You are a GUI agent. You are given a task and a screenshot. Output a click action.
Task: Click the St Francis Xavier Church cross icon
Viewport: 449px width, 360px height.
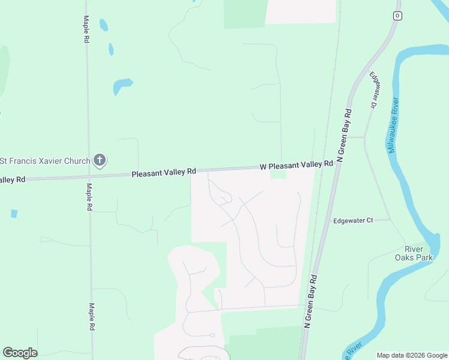tap(100, 160)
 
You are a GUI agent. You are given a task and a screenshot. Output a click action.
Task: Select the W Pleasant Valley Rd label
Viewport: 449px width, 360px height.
tap(296, 165)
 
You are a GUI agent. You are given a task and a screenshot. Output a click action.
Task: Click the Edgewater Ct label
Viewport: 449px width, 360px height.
tap(353, 221)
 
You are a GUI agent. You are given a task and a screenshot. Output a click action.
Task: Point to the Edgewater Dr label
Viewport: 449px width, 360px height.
tap(375, 90)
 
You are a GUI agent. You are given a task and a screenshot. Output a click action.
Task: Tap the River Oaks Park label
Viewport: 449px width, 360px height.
tap(414, 253)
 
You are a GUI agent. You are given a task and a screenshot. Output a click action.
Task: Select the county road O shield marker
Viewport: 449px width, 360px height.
tap(397, 16)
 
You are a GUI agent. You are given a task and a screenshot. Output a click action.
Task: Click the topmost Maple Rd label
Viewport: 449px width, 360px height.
tap(86, 29)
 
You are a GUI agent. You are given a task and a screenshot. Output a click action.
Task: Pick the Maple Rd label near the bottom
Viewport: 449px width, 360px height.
tap(92, 317)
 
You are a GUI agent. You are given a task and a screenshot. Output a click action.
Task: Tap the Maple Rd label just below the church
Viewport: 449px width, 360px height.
tap(88, 197)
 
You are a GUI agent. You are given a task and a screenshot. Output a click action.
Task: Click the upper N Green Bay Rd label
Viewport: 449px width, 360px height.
tap(343, 136)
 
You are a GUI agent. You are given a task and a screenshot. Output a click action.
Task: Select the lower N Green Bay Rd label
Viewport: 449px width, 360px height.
tap(310, 302)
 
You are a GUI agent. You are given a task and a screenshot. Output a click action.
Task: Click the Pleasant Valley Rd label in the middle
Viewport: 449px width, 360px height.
tap(164, 173)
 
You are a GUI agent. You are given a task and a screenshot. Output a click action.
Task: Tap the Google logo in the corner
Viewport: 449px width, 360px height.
tap(20, 353)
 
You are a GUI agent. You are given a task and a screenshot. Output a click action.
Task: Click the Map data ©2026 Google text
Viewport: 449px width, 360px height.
tap(412, 355)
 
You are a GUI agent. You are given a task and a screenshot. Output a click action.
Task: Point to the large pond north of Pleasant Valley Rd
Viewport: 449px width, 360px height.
tap(122, 85)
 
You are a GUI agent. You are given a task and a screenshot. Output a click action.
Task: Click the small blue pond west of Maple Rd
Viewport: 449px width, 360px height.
tap(14, 213)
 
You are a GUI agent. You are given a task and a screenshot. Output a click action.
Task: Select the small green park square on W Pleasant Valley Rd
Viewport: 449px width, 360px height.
tap(278, 175)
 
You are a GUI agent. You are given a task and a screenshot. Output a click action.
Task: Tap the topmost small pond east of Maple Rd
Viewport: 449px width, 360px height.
tap(103, 25)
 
